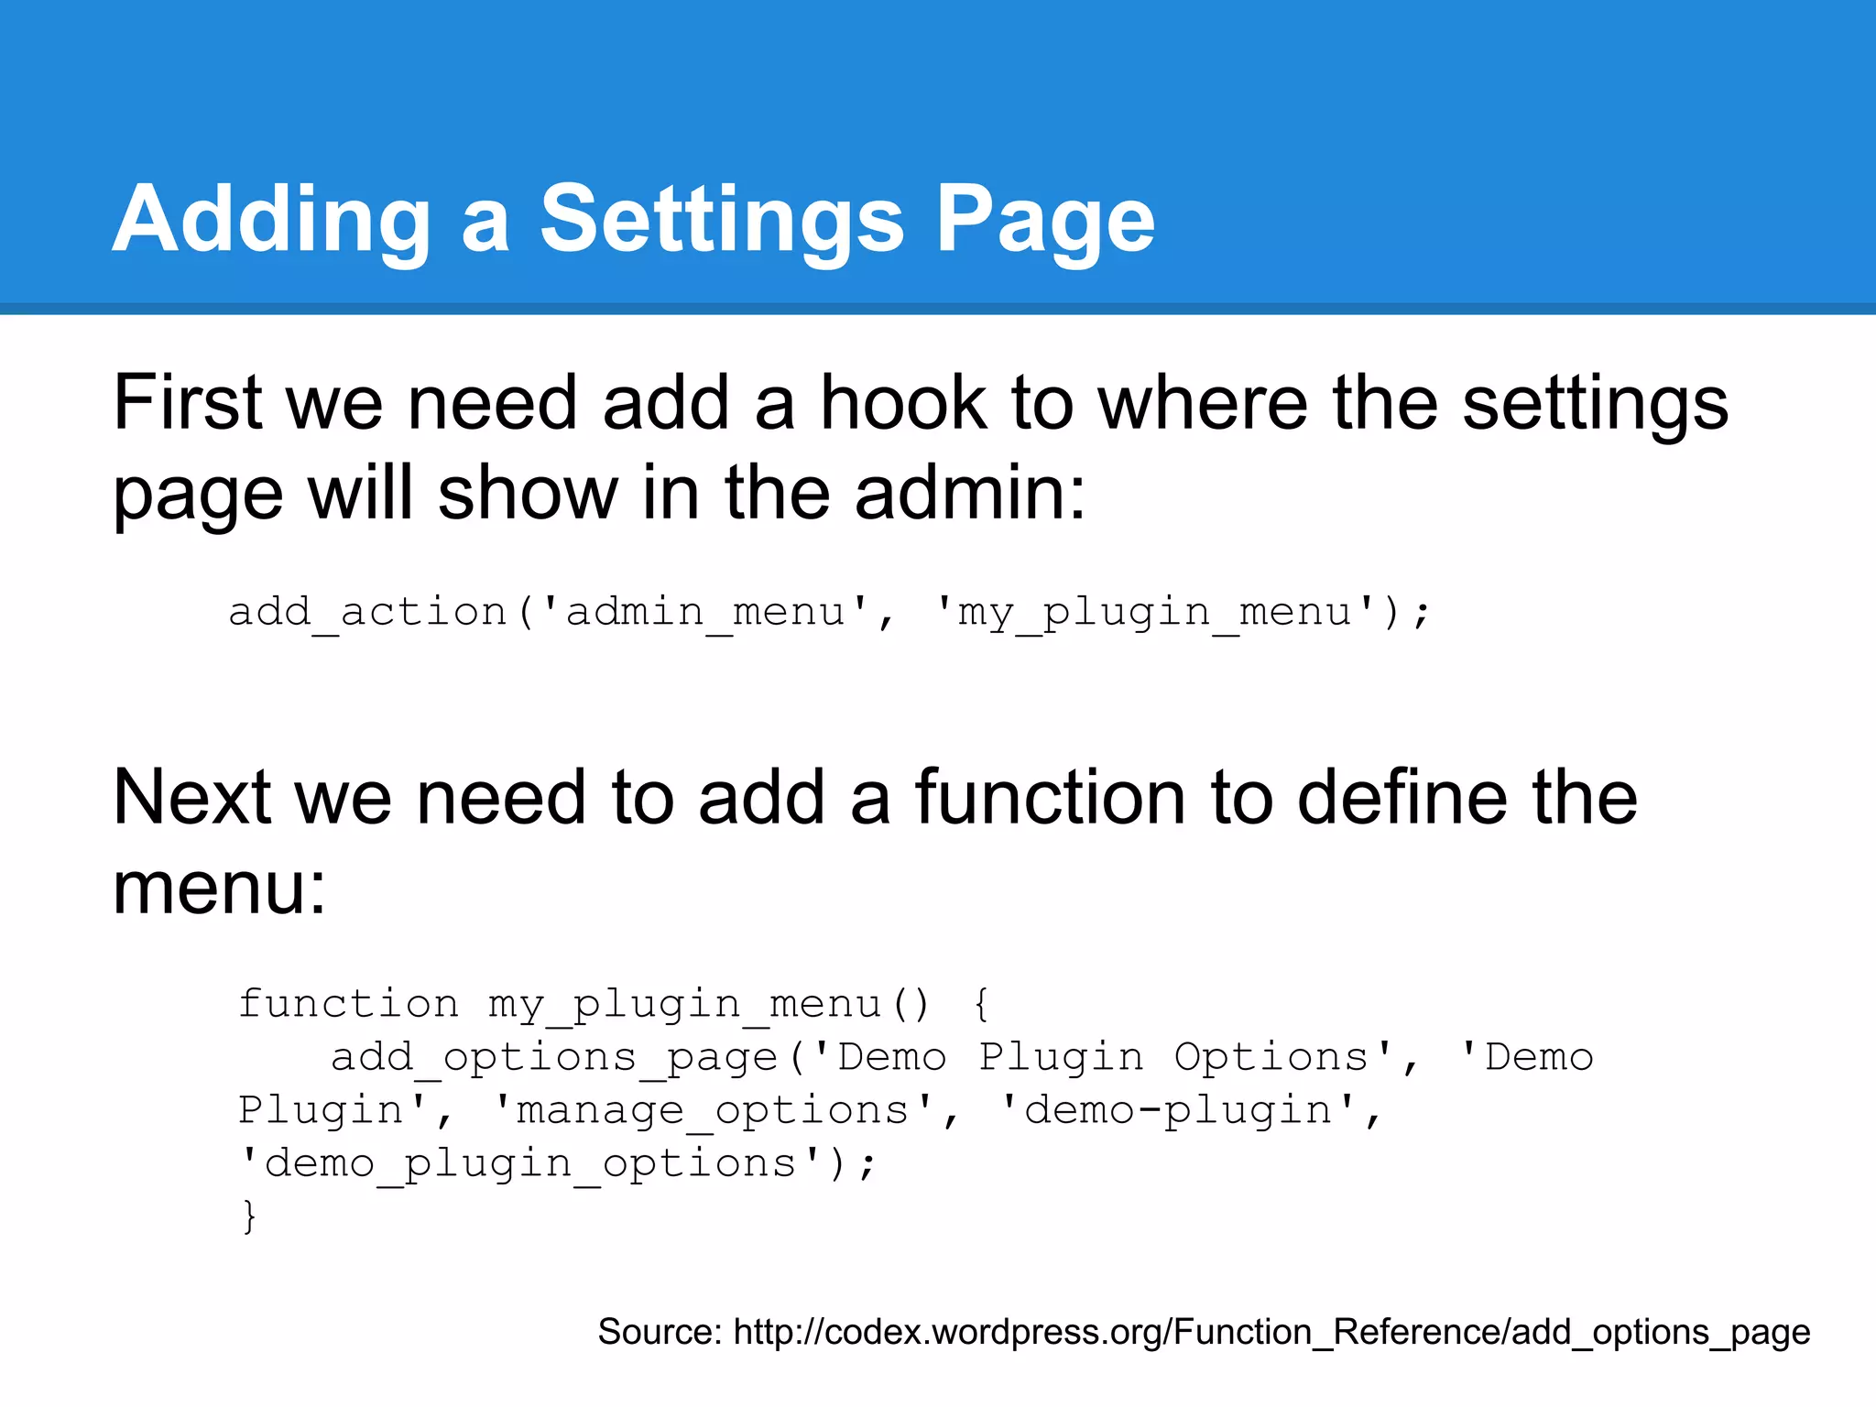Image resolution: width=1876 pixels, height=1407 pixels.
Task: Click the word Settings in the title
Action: coord(723,220)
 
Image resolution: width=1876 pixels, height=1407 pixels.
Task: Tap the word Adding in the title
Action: coord(271,220)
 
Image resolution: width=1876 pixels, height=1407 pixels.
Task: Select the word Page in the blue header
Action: coord(1045,220)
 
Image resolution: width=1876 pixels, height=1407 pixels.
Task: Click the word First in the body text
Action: coord(189,403)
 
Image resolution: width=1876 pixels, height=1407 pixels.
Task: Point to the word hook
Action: coord(903,403)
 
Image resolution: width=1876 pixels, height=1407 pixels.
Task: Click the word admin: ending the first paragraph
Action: coord(970,493)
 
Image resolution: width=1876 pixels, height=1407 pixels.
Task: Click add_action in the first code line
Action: coord(367,612)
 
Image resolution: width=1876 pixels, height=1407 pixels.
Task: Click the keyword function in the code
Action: coord(348,1004)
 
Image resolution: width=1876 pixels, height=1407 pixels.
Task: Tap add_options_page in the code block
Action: coord(553,1057)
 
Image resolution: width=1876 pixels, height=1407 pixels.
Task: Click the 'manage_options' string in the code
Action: coord(714,1110)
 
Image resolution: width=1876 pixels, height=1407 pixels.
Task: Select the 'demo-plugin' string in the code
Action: coord(1178,1110)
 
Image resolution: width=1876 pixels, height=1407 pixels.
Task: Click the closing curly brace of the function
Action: coord(249,1216)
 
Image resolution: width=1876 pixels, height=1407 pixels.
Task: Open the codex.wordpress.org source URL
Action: coord(1271,1332)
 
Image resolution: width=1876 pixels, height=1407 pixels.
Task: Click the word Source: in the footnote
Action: coord(660,1332)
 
